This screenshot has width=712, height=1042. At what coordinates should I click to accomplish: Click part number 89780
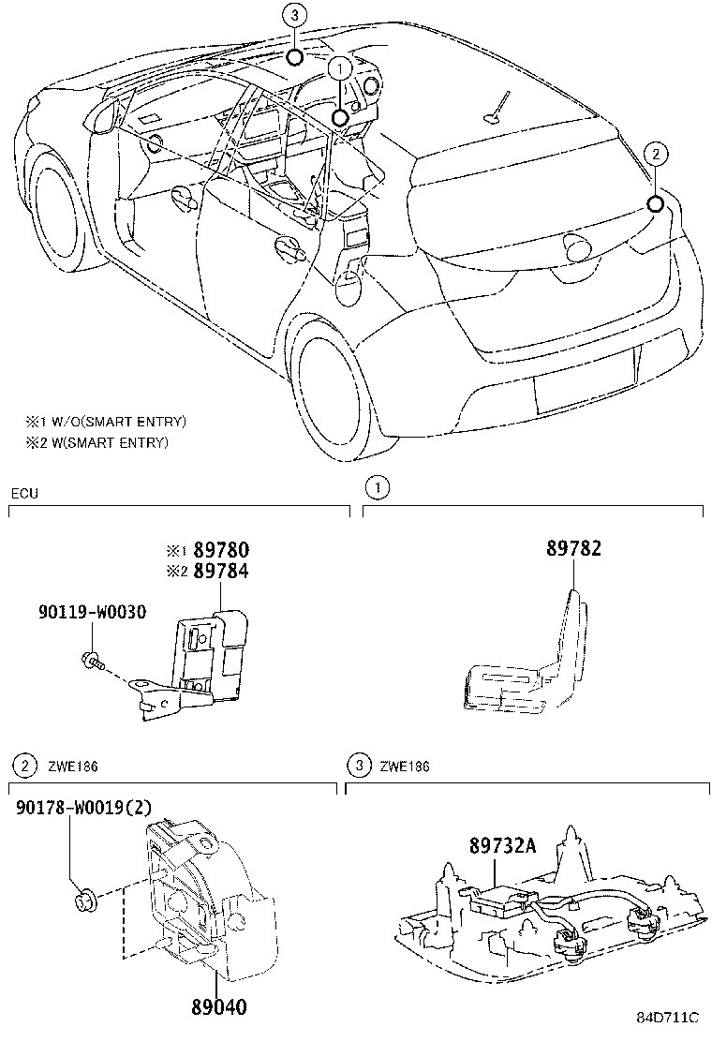point(221,550)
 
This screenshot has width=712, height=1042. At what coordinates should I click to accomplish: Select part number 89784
point(221,571)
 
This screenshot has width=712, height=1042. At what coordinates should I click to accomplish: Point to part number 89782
point(574,550)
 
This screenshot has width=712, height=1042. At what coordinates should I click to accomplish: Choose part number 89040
point(218,1008)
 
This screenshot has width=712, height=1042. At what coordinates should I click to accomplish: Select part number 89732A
point(503,846)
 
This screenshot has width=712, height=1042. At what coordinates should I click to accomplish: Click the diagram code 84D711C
point(669,1020)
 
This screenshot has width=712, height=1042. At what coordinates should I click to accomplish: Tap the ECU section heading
point(24,493)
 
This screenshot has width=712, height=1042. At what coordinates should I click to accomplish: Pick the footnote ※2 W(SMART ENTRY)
point(96,442)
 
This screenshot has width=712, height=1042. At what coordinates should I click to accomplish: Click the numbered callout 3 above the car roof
point(294,16)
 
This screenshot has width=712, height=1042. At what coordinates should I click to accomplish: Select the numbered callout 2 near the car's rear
point(656,153)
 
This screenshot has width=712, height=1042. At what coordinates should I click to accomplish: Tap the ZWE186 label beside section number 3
point(405,767)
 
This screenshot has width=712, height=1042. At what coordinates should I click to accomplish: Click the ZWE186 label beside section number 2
point(73,767)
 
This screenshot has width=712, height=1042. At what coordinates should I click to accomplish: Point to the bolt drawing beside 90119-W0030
point(92,662)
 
